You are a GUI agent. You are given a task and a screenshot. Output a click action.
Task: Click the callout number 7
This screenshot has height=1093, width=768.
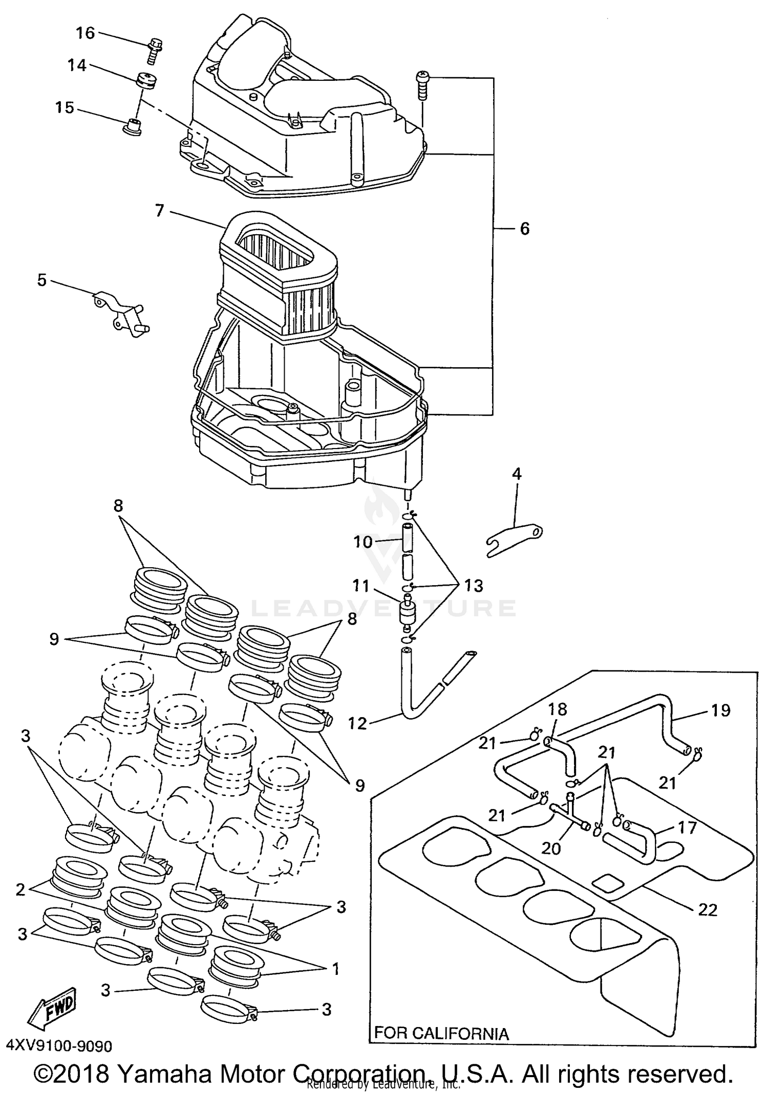coord(159,210)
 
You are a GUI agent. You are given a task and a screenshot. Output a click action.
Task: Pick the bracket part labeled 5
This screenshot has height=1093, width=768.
coord(121,313)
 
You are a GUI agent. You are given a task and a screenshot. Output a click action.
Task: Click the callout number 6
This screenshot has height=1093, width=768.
coord(524,229)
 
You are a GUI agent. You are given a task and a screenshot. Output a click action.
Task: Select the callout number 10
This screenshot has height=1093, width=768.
coord(362,541)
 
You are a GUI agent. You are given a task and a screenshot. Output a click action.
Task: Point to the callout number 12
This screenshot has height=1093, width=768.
coord(357,723)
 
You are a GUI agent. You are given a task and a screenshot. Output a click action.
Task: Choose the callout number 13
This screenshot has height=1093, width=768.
coord(474,586)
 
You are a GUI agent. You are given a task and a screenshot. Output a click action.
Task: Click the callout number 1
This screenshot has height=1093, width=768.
coord(335,969)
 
